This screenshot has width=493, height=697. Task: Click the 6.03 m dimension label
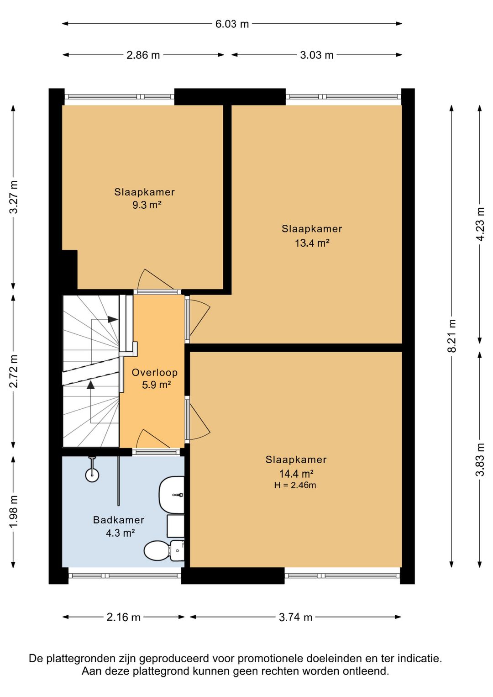[232, 24]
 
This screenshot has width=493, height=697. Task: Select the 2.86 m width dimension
[143, 55]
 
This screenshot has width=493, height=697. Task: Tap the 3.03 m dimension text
[317, 55]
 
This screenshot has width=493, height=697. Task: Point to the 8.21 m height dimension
[451, 336]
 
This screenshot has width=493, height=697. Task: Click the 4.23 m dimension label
[480, 224]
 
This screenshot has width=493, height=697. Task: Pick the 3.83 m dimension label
[480, 459]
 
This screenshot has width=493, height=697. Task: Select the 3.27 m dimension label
[13, 197]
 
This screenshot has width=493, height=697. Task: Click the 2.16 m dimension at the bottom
[124, 617]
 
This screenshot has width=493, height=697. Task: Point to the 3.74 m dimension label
[295, 617]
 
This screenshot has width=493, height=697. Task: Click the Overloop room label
[155, 372]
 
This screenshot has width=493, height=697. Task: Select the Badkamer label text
[119, 520]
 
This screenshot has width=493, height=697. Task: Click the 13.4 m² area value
[312, 243]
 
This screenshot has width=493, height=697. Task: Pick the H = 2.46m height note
[295, 485]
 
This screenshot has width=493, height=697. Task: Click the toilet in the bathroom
[164, 550]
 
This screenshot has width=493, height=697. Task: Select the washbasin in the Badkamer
[171, 495]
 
